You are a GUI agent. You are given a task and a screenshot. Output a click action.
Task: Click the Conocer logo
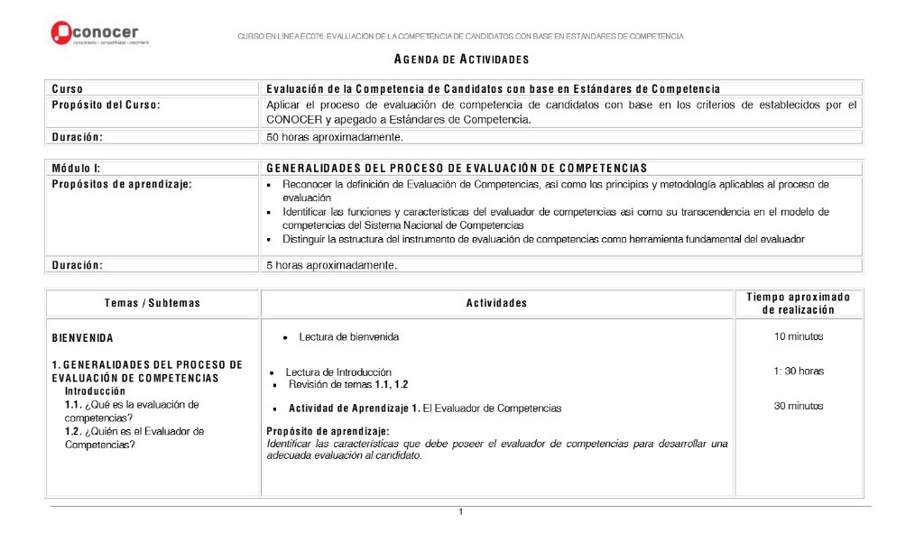100,33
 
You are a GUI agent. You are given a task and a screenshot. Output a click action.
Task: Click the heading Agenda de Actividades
461,60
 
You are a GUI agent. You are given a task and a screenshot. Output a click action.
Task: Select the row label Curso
68,88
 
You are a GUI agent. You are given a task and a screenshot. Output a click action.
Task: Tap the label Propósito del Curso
106,105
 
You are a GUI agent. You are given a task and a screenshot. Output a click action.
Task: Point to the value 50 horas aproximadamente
334,137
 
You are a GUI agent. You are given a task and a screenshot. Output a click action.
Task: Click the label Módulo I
76,168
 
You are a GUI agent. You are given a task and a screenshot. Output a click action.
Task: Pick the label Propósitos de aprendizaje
122,184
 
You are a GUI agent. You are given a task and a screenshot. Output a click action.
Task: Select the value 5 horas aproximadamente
331,265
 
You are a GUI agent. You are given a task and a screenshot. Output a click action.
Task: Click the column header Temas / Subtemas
152,303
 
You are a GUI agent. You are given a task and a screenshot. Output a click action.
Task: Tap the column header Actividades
496,303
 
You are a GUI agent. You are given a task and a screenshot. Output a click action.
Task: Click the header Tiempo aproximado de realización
798,303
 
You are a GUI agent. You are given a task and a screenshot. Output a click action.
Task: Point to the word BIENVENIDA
83,338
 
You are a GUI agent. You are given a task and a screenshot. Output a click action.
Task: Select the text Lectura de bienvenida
348,337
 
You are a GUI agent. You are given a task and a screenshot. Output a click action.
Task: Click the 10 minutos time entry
798,337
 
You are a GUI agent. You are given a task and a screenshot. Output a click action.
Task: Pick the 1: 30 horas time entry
798,371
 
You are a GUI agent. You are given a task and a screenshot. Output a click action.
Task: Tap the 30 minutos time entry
798,406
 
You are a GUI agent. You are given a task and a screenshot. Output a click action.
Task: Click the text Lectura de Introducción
338,372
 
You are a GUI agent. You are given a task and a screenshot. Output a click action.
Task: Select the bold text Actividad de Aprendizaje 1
354,409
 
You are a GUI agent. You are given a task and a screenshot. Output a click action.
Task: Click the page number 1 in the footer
460,512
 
